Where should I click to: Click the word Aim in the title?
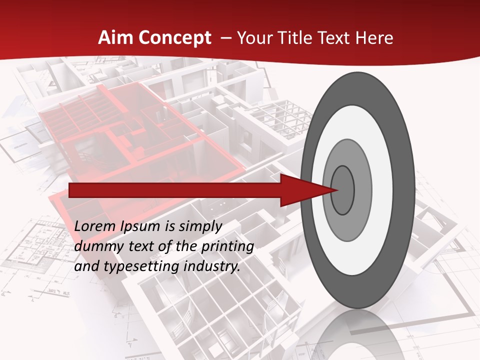[116, 38]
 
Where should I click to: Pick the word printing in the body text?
[227, 246]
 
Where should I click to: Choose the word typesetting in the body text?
[142, 266]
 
